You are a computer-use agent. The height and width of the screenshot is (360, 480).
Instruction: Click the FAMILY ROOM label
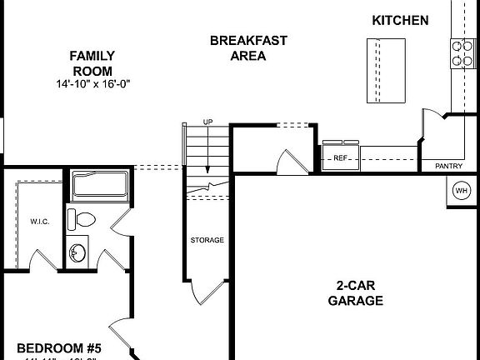(92, 63)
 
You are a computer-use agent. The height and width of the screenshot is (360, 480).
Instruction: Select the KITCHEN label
(400, 20)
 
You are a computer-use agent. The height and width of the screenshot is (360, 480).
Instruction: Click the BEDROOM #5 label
(58, 347)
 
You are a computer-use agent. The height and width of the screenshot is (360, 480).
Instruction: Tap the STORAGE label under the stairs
(207, 240)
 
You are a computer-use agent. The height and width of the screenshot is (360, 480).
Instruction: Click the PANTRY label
(448, 166)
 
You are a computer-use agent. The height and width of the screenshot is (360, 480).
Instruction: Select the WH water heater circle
(461, 191)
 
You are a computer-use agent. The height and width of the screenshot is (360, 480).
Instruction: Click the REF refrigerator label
(340, 157)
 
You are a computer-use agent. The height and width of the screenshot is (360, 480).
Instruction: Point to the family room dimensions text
(92, 84)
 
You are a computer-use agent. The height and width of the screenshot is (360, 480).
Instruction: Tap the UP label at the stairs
(207, 122)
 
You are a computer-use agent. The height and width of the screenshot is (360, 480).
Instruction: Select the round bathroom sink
(78, 252)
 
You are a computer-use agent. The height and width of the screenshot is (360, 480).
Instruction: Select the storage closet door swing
(202, 293)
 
